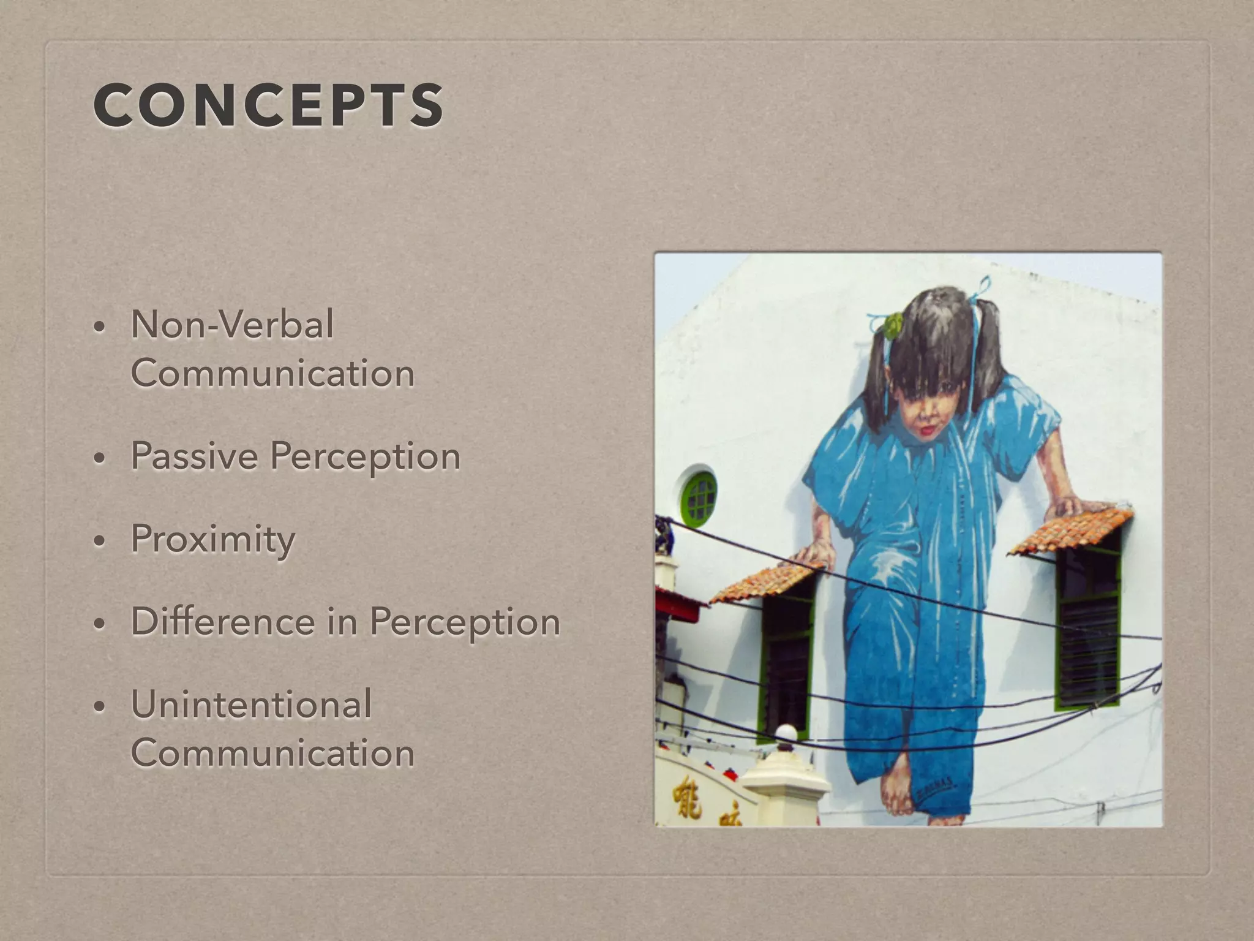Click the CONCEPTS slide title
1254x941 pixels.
coord(268,105)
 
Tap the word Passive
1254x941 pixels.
coord(193,456)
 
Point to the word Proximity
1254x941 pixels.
coord(212,539)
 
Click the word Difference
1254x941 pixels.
coord(222,622)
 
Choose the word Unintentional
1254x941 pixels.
coord(251,705)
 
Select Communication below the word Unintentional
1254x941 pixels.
coord(272,753)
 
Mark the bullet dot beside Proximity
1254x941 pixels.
coord(98,541)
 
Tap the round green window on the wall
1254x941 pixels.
coord(699,498)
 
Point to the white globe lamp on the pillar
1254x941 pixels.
coord(786,734)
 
